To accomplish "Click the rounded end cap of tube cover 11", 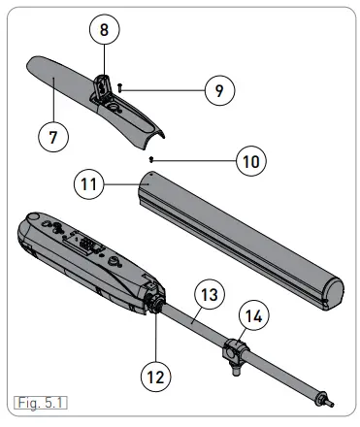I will click(x=333, y=290).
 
